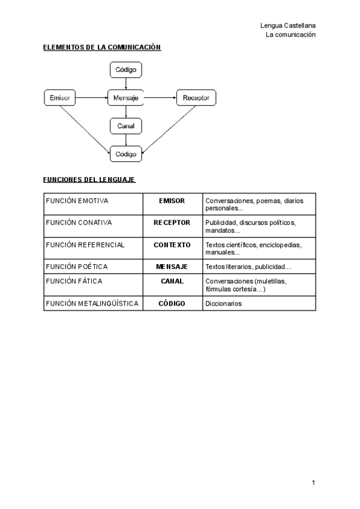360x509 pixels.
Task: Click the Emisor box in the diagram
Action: pos(60,97)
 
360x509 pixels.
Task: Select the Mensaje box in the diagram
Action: pos(126,97)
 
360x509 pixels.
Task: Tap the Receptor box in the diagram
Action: pos(196,97)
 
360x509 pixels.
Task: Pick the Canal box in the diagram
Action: pos(126,126)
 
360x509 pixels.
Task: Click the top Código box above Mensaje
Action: pos(126,70)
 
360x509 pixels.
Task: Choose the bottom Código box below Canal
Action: pos(126,154)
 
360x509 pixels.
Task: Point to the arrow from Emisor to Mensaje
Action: pos(92,97)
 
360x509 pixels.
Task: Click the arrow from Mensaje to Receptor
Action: pos(160,97)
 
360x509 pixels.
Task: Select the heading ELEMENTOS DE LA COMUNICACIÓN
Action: pos(102,47)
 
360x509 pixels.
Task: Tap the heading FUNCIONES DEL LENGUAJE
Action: pos(89,179)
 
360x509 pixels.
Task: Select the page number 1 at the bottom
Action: pos(313,482)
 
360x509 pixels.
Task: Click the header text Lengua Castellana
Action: pos(288,25)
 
